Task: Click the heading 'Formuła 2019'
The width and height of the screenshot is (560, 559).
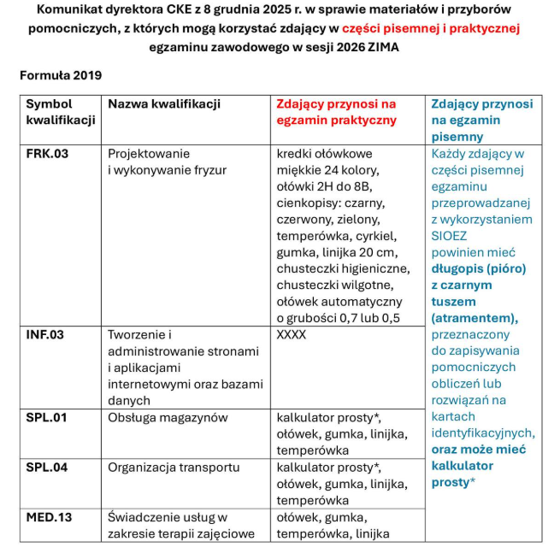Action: coord(61,75)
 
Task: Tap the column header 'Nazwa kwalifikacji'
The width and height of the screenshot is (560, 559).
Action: coord(163,104)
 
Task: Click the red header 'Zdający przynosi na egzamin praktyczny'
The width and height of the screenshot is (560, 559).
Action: coord(336,112)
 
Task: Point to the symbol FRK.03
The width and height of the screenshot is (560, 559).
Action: coord(47,155)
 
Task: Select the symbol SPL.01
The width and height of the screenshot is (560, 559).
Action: coord(46,418)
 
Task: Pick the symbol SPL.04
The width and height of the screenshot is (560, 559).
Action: coord(46,468)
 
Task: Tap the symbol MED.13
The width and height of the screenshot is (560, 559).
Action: coord(48,518)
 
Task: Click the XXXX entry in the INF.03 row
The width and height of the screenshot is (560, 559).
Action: coord(292,335)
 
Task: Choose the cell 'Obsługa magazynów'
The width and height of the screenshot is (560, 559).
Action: coord(168,418)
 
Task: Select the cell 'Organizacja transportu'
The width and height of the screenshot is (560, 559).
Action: coord(174,468)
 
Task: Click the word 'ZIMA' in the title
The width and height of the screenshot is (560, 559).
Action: coord(382,48)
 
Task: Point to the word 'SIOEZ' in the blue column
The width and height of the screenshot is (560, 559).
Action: coord(450,236)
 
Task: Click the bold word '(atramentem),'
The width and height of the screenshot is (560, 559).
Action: coord(475,317)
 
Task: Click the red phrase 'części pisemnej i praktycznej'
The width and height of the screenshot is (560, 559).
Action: coord(430,29)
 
